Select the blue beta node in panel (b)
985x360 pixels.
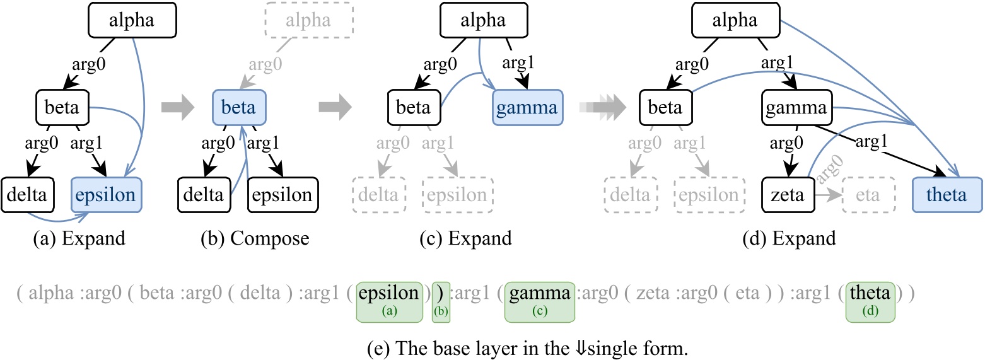(240, 107)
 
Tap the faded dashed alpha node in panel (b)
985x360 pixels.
(308, 21)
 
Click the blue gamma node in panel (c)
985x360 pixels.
(527, 107)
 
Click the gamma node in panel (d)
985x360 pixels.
(796, 107)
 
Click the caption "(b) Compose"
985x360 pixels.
(269, 239)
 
